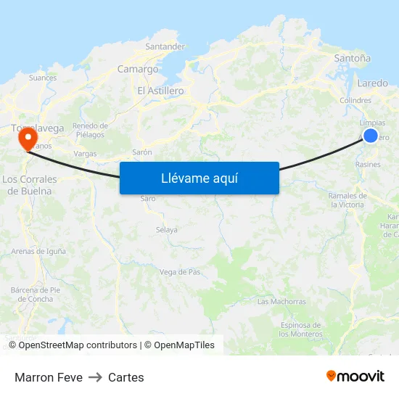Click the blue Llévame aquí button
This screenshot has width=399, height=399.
[x=199, y=178]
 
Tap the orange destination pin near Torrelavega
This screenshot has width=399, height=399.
[x=28, y=137]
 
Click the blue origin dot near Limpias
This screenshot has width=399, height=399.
[x=370, y=136]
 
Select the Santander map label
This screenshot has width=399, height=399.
[x=165, y=46]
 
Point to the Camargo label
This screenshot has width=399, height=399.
[x=138, y=70]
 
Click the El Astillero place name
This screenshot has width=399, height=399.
[x=160, y=91]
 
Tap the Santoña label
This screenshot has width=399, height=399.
[x=352, y=58]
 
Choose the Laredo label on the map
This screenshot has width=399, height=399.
[x=373, y=83]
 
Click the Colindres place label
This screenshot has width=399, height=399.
[x=355, y=101]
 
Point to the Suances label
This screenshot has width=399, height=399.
[x=43, y=78]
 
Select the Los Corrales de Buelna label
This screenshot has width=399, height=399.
[x=29, y=185]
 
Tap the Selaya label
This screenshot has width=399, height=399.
[x=166, y=230]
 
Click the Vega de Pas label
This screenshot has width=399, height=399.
[x=179, y=272]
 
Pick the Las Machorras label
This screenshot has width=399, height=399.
[x=281, y=301]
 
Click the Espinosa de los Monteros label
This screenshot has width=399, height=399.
[x=300, y=329]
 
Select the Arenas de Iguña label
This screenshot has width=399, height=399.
[x=38, y=251]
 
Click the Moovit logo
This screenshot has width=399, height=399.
[x=355, y=377]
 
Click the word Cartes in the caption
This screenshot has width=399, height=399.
[x=126, y=377]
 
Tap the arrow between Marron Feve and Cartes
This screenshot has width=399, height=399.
[x=95, y=377]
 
